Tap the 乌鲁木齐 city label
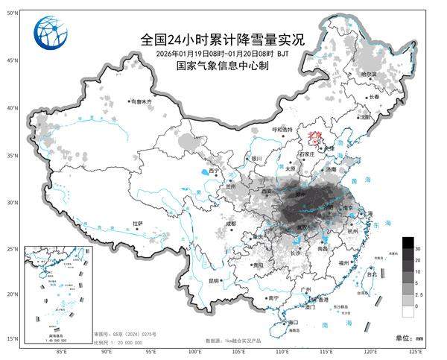(143, 101)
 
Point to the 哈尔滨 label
(367, 75)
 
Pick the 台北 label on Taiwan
(370, 274)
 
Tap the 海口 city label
(292, 323)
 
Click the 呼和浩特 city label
(282, 128)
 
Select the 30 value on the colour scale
(419, 247)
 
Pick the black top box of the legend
(408, 242)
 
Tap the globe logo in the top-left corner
(49, 33)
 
